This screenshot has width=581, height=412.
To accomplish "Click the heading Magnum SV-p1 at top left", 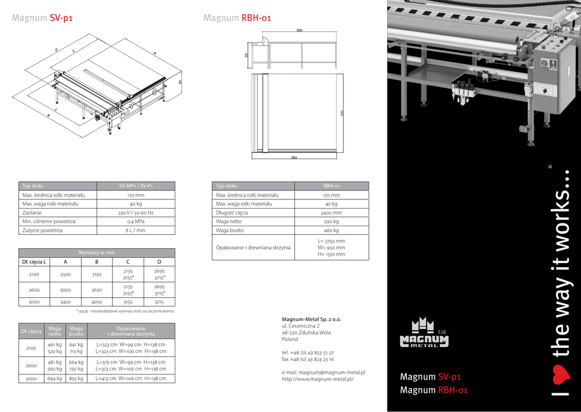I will coord(42,18).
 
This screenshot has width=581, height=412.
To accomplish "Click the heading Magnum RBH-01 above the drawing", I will coord(237,18).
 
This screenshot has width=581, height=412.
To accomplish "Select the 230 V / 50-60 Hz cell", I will coord(136,213).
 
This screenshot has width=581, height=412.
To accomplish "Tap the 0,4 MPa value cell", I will coord(136,222).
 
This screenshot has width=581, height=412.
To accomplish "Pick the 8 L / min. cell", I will coord(136,231).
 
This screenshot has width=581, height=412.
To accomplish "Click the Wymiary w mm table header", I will coord(97,252).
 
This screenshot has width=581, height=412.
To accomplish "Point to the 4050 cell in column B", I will coord(97,302).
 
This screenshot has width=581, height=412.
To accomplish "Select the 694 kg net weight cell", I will coord(54,378).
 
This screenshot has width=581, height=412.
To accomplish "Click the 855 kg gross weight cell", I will coord(76,378).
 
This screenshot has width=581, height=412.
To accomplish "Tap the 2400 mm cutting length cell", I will coord(331,213).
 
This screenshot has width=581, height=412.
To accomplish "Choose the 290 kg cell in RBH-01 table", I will coord(331,222).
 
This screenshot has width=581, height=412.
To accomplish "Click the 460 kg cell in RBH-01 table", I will coord(331,231).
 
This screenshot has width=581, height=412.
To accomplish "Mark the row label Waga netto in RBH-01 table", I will coord(229,222).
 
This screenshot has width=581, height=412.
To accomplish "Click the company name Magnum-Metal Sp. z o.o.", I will coord(311,319).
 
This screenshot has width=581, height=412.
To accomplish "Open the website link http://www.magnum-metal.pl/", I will coord(317,379).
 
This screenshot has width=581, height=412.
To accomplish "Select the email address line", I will coord(323,372).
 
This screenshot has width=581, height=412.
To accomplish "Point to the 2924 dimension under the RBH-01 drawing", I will coord(294,157).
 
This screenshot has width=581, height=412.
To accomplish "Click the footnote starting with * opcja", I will coord(125,311).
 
